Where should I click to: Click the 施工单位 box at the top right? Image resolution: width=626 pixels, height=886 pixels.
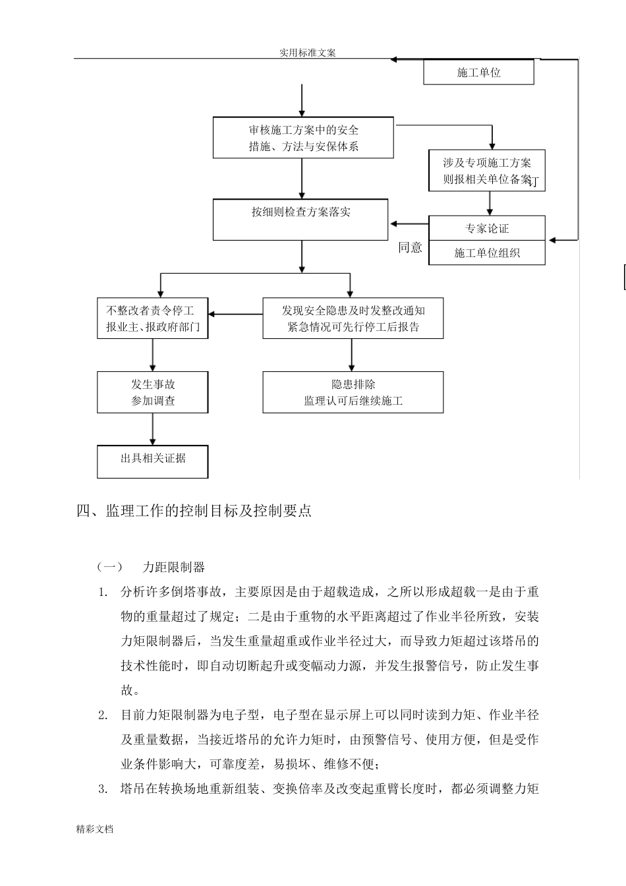(478, 73)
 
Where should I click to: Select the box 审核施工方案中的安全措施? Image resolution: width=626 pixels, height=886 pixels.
(303, 138)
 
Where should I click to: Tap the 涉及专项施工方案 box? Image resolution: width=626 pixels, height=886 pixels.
(487, 171)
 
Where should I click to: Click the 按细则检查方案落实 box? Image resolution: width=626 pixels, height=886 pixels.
(300, 220)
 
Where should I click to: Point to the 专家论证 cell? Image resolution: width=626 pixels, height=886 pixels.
(487, 228)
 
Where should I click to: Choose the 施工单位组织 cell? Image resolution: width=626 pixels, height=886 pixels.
(487, 252)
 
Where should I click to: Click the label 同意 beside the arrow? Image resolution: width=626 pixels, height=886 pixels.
(410, 247)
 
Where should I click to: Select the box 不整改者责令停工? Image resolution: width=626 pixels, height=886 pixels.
(153, 318)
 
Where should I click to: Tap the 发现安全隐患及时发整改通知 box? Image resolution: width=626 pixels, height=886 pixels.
(353, 318)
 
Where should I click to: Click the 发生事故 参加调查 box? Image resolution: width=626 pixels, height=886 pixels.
(153, 392)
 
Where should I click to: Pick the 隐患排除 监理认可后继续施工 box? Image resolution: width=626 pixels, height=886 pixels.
(353, 392)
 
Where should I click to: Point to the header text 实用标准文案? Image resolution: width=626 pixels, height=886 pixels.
(307, 53)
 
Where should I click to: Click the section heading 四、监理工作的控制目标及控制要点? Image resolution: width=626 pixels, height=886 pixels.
(194, 511)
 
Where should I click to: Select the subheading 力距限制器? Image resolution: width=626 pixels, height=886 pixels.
(174, 567)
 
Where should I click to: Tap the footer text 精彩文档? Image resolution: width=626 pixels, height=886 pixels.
(95, 829)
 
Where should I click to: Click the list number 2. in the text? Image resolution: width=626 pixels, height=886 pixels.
(103, 715)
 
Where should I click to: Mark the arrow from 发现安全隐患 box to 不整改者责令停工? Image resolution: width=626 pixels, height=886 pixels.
(236, 314)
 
